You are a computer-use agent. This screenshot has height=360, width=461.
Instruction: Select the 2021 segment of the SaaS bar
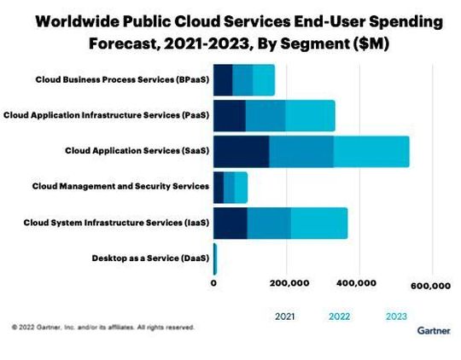[x=241, y=150]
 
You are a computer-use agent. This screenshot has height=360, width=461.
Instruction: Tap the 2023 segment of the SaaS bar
[x=371, y=150]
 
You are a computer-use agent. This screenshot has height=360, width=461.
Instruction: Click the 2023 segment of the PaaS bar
[x=310, y=114]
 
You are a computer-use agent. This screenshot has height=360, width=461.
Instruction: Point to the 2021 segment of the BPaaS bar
[x=223, y=79]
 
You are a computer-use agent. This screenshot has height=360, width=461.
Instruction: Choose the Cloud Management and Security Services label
[x=120, y=185]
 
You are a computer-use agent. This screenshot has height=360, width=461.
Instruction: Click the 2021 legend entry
[x=285, y=316]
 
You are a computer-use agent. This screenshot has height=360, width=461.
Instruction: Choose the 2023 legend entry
[x=396, y=316]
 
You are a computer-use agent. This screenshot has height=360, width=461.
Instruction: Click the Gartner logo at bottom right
[x=434, y=329]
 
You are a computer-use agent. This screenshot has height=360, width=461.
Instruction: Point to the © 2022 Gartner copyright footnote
[x=103, y=327]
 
